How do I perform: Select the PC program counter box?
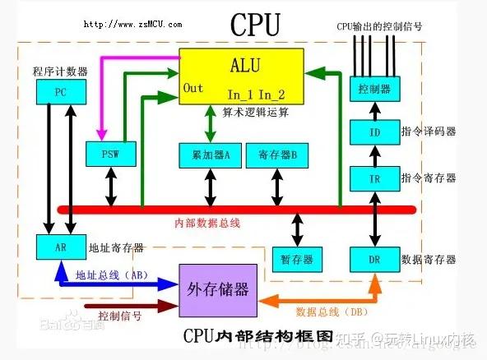(x=60, y=92)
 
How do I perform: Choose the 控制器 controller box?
(x=369, y=88)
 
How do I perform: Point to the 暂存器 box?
(x=297, y=260)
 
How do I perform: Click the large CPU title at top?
(x=255, y=25)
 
